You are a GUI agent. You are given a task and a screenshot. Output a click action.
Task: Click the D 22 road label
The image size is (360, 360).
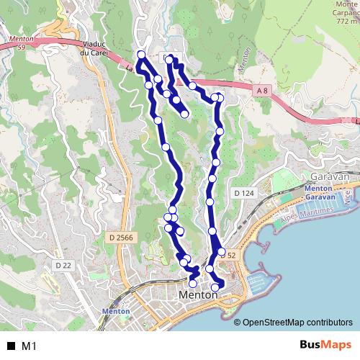click(x=63, y=265)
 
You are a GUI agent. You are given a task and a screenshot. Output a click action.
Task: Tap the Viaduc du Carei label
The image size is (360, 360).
click(x=94, y=48)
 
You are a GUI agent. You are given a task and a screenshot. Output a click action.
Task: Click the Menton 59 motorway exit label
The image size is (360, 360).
click(x=17, y=42)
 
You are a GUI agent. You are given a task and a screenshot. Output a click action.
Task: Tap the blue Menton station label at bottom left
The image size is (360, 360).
click(x=115, y=311)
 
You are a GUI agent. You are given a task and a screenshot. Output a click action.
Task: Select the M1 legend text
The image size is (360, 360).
click(x=30, y=346)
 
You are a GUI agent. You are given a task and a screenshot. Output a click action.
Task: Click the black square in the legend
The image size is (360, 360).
click(x=11, y=346)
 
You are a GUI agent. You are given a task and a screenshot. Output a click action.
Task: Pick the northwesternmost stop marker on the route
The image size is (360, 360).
click(x=141, y=55)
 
